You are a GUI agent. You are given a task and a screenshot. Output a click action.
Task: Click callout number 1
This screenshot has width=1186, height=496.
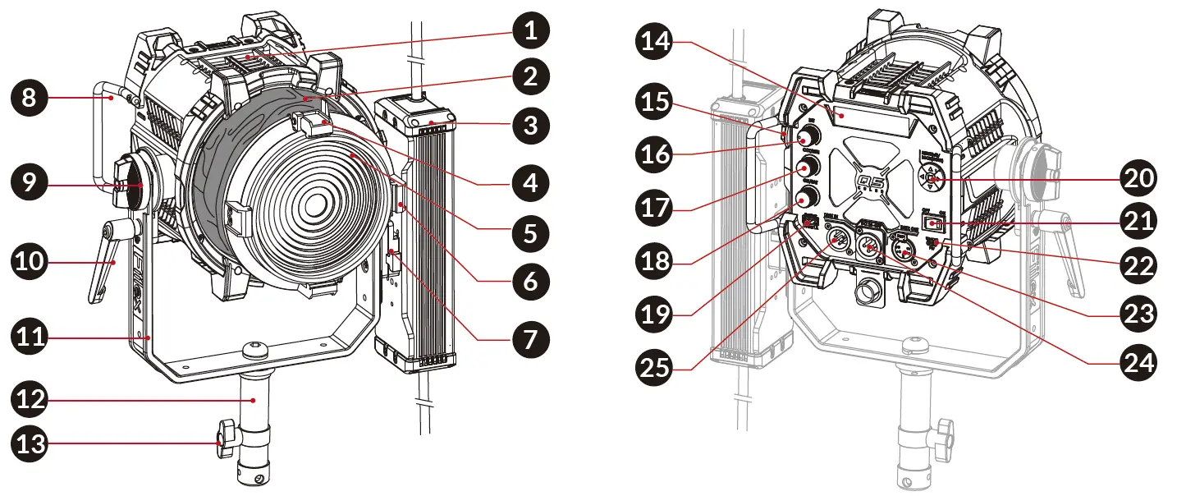coord(531,32)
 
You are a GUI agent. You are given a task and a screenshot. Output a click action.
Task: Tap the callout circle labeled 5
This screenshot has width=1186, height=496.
coord(531,232)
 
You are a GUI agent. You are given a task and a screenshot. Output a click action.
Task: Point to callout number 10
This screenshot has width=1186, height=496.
coord(30,263)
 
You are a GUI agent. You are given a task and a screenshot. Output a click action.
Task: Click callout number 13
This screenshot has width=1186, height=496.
coord(30,445)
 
